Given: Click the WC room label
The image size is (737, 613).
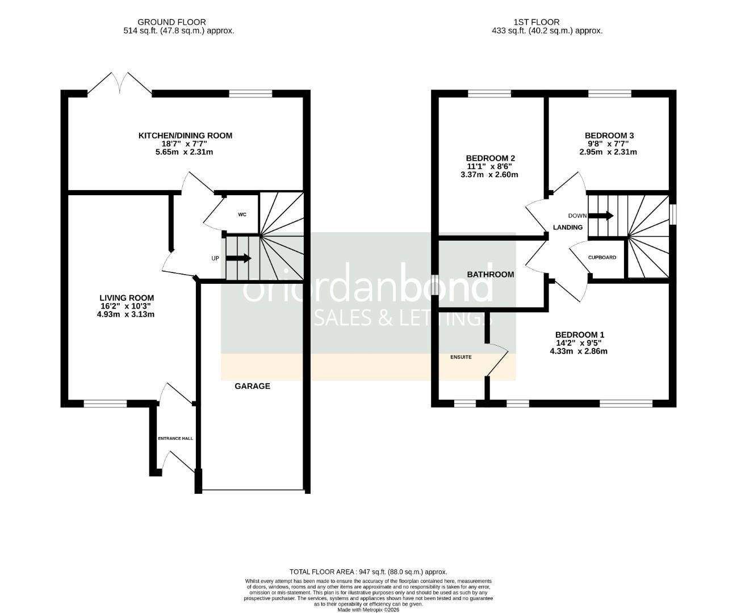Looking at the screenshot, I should click(x=242, y=215).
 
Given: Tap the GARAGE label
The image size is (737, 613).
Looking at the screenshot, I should click(x=253, y=386).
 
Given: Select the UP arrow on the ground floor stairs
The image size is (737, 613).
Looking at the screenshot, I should click(x=239, y=258).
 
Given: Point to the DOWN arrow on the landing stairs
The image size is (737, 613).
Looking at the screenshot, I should click(x=601, y=216).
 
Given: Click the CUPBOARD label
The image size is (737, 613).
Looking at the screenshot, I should click(x=602, y=257).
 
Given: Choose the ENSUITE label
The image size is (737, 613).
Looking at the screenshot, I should click(x=460, y=357).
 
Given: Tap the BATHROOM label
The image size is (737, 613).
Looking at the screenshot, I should click(x=491, y=274).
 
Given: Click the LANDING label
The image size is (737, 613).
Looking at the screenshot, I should click(x=568, y=227).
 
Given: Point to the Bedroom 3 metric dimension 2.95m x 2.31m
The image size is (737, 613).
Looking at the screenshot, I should click(x=608, y=152).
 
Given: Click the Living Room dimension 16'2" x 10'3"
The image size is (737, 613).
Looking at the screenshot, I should click(x=126, y=306).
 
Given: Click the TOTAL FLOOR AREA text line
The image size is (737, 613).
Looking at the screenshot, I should click(x=368, y=572).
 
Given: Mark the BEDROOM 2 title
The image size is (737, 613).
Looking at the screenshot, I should click(x=490, y=158).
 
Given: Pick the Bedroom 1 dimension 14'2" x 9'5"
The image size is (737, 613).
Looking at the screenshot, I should click(x=578, y=343).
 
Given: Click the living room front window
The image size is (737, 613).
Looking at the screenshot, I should click(x=105, y=404).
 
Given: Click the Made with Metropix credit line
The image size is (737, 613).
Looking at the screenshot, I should click(x=368, y=610).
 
